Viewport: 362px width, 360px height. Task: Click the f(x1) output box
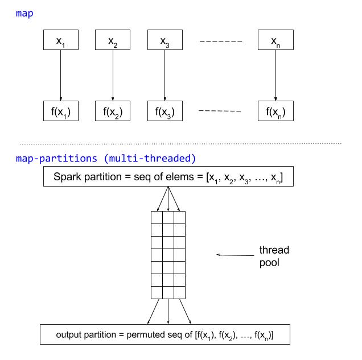click(60, 111)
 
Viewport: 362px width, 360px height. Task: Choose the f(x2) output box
click(113, 111)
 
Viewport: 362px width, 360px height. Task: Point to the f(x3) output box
click(165, 111)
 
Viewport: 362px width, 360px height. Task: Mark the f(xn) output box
click(275, 111)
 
